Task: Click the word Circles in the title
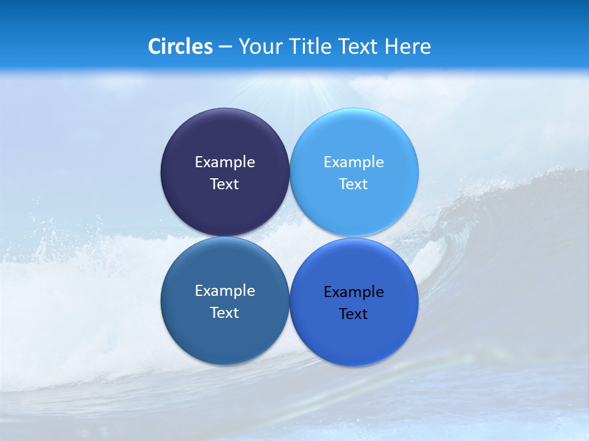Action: coord(180,47)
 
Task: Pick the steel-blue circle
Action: coord(225,334)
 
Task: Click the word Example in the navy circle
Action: coord(225,162)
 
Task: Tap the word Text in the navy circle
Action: coord(225,184)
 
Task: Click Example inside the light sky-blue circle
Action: coord(353,162)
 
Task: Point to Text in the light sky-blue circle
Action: coord(353,184)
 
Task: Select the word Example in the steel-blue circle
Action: coord(225,291)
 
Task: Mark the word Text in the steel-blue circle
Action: coord(225,313)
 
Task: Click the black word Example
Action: coord(353,292)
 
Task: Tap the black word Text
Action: coord(353,314)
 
